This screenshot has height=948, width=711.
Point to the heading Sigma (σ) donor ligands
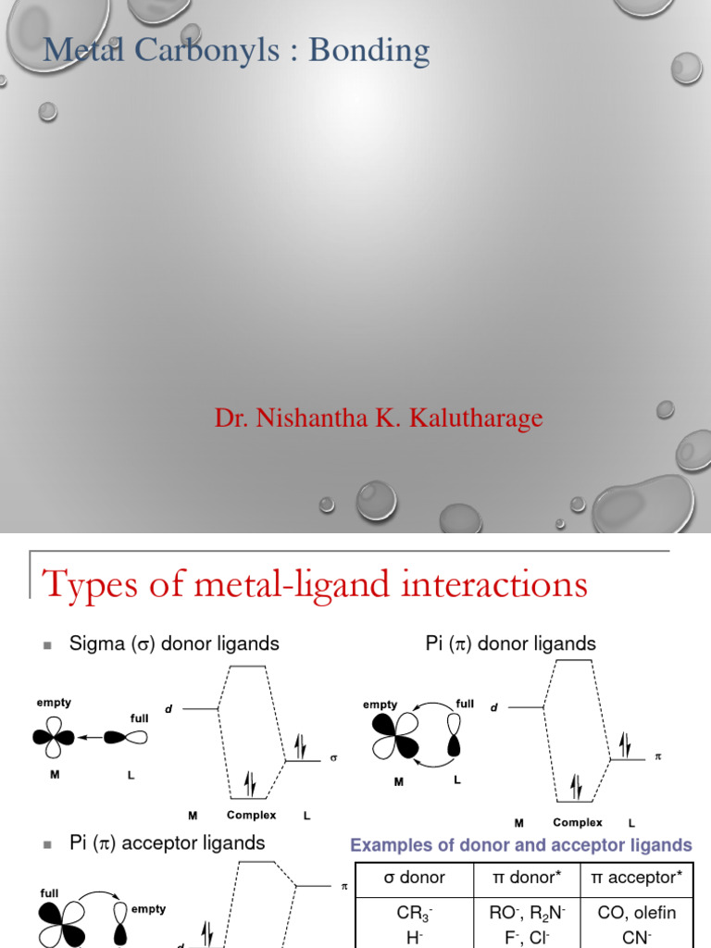[x=174, y=643]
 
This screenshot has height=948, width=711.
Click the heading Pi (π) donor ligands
[x=510, y=643]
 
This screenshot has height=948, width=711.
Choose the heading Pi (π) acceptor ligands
[x=167, y=842]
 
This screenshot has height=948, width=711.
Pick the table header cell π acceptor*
[x=637, y=878]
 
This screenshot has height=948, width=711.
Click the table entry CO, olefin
[x=637, y=913]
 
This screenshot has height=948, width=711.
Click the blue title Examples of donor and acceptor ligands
[x=520, y=844]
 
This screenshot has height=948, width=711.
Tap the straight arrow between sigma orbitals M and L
[x=91, y=738]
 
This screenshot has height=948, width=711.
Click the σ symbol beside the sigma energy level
[x=333, y=758]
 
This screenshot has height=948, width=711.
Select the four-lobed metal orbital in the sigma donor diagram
[x=55, y=738]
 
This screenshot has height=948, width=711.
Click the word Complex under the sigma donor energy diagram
[x=251, y=816]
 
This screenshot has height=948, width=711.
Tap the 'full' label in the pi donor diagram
[x=465, y=704]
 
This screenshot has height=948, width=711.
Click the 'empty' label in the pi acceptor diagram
[x=148, y=909]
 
